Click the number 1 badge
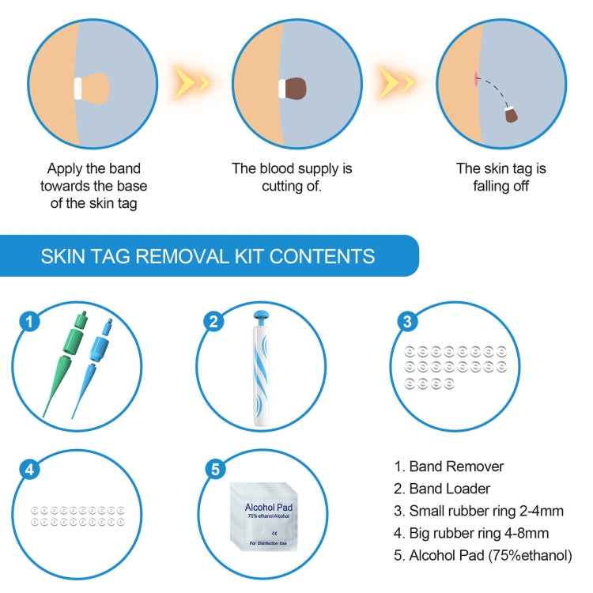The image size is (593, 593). (x=29, y=322)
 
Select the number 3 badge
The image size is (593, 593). (x=406, y=321)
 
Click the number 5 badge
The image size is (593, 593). (x=213, y=470)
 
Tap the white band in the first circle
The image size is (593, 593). (x=80, y=87)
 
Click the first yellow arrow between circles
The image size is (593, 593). (x=192, y=82)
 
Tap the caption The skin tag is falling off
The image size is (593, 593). (x=500, y=178)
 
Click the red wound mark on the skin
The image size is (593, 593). (x=474, y=77)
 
